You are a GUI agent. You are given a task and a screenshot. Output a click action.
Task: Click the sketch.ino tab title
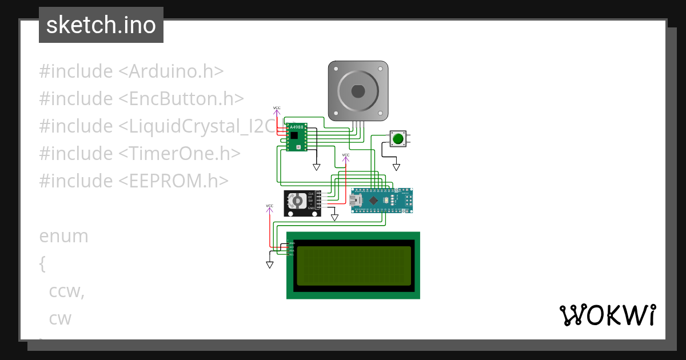(x=101, y=25)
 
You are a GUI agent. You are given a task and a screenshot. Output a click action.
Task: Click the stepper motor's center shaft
(x=358, y=91)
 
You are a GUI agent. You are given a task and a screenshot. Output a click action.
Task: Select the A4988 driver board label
(x=297, y=127)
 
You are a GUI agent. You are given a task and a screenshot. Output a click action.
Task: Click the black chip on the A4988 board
(x=294, y=136)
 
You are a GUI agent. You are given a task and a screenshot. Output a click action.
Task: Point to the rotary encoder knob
(x=296, y=201)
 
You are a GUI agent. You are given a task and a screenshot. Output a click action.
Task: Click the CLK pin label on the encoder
(x=311, y=194)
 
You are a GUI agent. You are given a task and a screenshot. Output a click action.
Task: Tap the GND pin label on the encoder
(x=311, y=208)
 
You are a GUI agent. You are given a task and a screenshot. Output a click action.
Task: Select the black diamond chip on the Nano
(x=373, y=200)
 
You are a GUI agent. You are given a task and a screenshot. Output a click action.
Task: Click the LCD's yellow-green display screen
(x=354, y=266)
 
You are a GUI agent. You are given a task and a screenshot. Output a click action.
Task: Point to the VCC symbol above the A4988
(x=277, y=109)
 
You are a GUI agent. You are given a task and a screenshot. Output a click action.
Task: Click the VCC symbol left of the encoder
(x=269, y=206)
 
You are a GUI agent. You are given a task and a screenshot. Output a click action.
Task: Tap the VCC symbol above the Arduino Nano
(x=345, y=156)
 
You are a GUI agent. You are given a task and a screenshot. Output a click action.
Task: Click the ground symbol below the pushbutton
(x=396, y=167)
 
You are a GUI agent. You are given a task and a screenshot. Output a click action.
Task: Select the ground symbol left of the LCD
(x=269, y=265)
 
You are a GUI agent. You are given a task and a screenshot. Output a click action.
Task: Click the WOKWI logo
(x=607, y=315)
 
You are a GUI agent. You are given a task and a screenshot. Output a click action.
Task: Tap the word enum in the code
(x=63, y=236)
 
